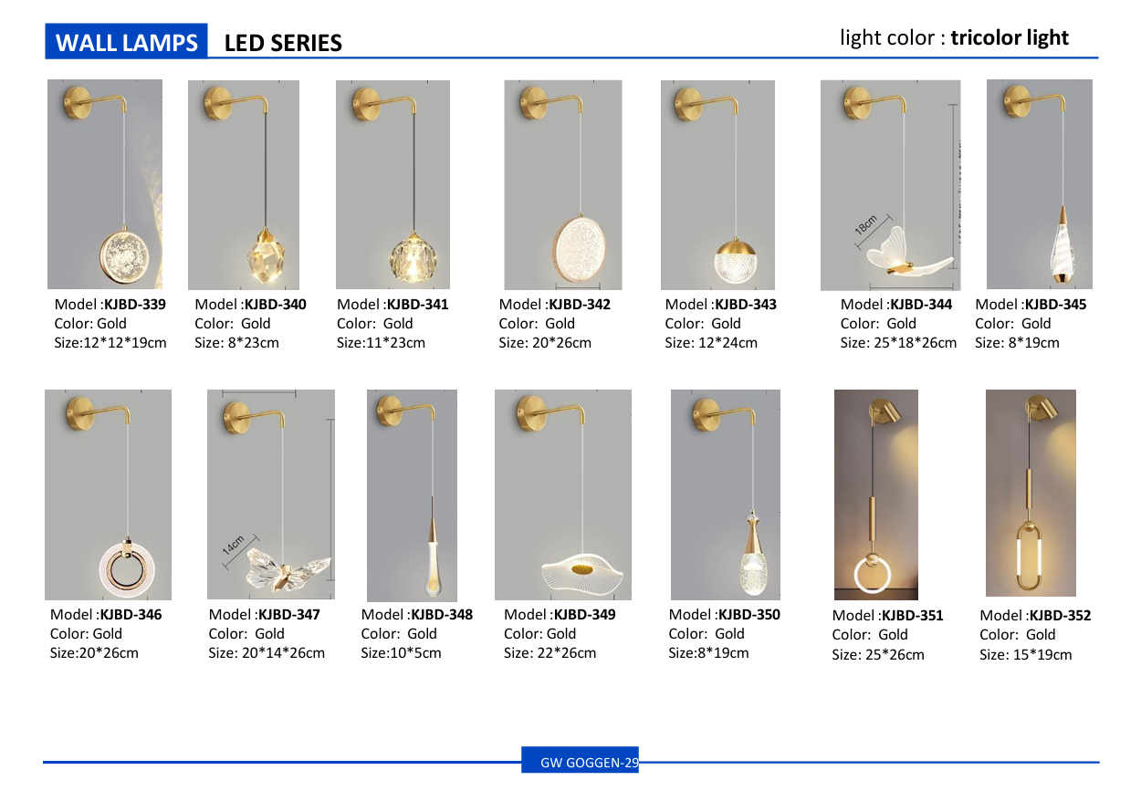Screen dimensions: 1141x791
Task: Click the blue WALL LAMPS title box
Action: [x=126, y=41]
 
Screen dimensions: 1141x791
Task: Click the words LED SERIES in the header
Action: [x=283, y=43]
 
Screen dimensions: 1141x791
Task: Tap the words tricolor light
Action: [x=1010, y=38]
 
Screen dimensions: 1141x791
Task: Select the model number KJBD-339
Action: [x=135, y=305]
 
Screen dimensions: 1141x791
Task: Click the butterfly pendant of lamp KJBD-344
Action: [x=906, y=253]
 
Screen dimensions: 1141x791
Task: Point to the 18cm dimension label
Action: [x=866, y=225]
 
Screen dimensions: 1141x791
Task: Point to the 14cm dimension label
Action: [x=234, y=546]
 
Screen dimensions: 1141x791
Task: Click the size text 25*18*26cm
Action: [x=916, y=343]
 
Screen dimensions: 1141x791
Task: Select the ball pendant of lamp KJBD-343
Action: [x=736, y=261]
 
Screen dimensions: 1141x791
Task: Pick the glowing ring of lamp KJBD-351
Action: [x=873, y=575]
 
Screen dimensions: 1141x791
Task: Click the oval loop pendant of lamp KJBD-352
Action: [x=1029, y=557]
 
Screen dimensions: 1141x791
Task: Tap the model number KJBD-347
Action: [x=289, y=615]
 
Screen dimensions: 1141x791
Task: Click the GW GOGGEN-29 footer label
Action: [x=590, y=763]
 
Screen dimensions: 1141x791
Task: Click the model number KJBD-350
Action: [x=749, y=615]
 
